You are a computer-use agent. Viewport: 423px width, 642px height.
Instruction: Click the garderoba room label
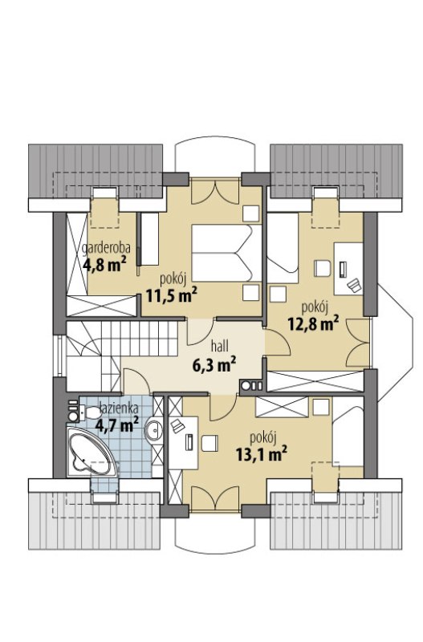click(107, 248)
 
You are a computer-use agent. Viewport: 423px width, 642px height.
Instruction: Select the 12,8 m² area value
click(313, 323)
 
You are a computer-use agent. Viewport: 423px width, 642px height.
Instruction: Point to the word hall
click(219, 347)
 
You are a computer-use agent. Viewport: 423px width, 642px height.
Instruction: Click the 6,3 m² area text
click(214, 364)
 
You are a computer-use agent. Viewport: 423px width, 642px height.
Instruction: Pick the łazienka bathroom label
click(119, 408)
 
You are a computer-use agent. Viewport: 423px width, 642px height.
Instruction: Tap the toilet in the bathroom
click(89, 412)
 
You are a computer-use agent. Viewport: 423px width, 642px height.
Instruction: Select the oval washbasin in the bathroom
click(154, 429)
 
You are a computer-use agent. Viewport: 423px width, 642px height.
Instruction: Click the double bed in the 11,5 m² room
click(226, 253)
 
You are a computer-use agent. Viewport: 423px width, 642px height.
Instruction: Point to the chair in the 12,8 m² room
click(322, 268)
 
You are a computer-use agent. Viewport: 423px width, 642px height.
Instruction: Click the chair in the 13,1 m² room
click(209, 444)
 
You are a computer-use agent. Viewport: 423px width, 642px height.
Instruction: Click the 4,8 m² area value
click(104, 265)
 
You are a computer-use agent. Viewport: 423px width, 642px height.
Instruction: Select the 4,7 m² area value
click(116, 425)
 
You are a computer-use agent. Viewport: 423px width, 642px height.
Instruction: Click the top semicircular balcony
click(215, 157)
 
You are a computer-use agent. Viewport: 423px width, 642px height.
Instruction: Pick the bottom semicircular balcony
click(215, 531)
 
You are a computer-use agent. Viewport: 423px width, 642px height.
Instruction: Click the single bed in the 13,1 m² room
click(348, 437)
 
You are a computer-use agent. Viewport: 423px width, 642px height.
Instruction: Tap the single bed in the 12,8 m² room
click(283, 248)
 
